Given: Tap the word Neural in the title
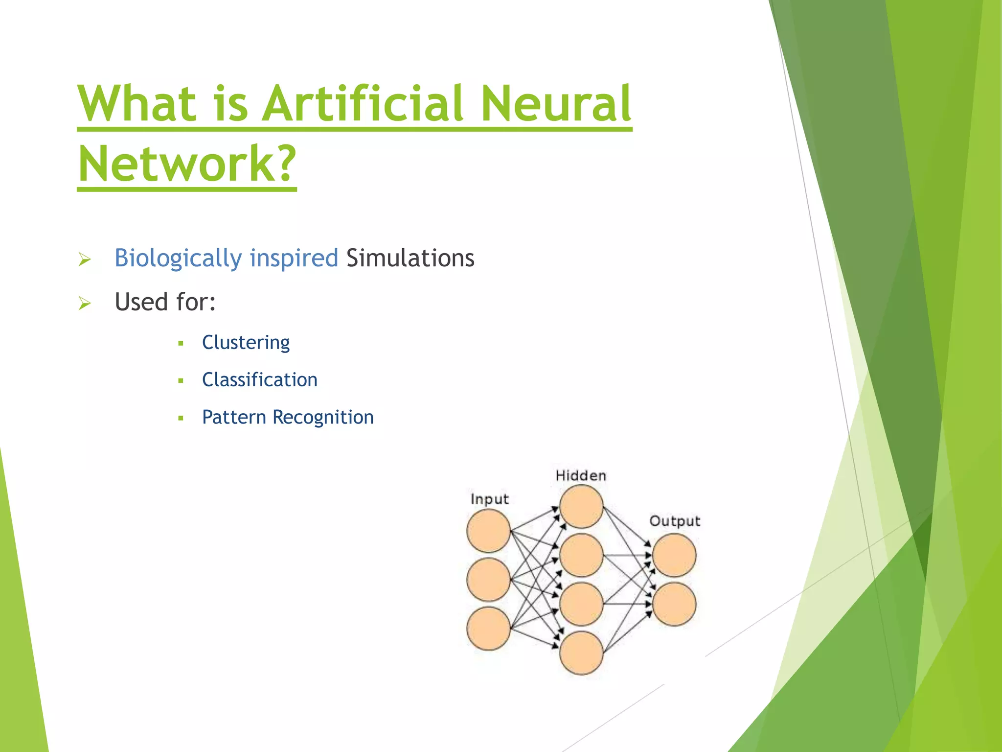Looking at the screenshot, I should (556, 104).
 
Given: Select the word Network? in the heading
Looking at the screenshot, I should (187, 164).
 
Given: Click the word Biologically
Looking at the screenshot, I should (178, 258).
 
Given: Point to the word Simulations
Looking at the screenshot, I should (410, 258).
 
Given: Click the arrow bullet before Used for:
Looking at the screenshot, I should (85, 304).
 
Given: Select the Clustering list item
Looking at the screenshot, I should (246, 343).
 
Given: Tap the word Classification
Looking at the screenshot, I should (260, 380).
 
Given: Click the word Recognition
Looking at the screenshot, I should (323, 418).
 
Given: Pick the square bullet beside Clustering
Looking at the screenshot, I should (181, 344).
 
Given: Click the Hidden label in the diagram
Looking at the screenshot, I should (581, 475).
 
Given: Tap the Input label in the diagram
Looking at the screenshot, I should (489, 499).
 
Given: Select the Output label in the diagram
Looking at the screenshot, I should (675, 521).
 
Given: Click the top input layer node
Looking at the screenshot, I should (488, 531).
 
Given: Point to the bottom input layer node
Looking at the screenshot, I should (488, 629).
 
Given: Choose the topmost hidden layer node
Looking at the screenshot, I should (581, 507).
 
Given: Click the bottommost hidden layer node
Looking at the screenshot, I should (581, 653).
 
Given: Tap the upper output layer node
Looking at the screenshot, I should (674, 555).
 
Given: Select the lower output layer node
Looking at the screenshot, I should (674, 604).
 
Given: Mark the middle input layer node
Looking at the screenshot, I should (488, 580).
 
